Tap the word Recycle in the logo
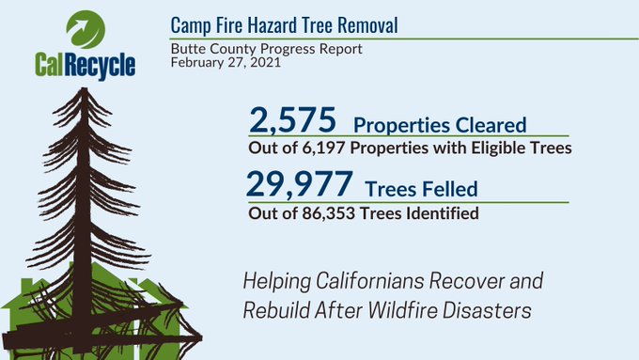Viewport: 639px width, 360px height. pos(101,65)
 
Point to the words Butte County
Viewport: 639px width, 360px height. pos(207,48)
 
